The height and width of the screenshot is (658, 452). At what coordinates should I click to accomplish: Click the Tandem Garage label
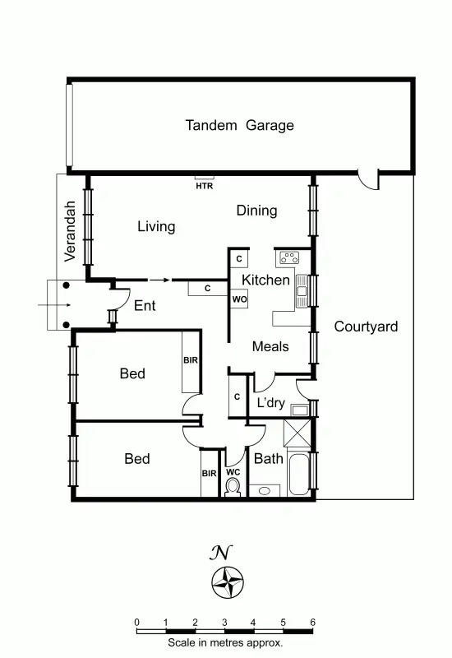point(239,126)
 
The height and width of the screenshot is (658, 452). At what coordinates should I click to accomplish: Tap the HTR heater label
point(204,186)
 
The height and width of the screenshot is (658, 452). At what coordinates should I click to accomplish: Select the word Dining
point(256,211)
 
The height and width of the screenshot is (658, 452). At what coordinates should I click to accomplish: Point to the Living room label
point(155,226)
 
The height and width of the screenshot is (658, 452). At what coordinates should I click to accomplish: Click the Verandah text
point(71,231)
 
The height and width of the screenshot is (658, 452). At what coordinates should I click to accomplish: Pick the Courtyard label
point(366,327)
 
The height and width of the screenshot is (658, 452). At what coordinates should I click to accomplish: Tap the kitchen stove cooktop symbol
point(290,257)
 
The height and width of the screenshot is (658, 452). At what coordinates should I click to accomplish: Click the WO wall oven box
point(239,299)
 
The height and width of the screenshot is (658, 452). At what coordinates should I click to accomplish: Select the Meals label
point(270,346)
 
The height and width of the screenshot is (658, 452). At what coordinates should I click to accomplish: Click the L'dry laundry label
point(272,403)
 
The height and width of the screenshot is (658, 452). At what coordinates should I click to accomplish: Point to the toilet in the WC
point(233,488)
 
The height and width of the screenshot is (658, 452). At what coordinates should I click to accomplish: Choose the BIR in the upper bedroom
point(191,360)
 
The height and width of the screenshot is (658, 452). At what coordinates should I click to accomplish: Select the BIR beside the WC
point(209,473)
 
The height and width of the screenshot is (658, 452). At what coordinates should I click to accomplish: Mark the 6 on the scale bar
point(312,622)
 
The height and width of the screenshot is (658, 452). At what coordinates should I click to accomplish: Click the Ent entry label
point(145,306)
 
